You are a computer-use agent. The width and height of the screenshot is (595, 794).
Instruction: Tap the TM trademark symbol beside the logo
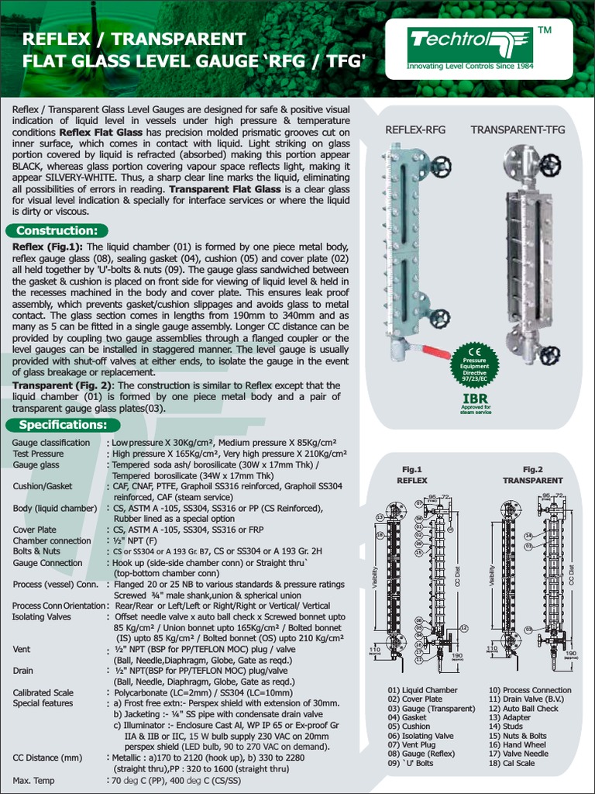[x=544, y=30]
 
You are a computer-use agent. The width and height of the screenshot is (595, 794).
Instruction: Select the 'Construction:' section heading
[x=57, y=230]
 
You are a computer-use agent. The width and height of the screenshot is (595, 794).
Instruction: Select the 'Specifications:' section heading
[x=63, y=424]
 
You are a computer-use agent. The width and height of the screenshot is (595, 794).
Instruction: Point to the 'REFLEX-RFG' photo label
[x=415, y=130]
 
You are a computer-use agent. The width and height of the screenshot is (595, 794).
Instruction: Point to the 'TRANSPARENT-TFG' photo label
[x=518, y=130]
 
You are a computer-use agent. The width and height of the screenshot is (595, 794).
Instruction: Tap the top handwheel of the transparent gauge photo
[x=550, y=164]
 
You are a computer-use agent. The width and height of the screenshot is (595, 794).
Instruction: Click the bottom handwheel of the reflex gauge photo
[x=440, y=317]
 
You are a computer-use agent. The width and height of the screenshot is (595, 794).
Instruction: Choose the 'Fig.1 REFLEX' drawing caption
[x=411, y=475]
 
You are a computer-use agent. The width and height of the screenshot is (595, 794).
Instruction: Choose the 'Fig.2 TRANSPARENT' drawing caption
[x=532, y=475]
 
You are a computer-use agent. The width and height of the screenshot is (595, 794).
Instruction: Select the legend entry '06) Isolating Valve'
[x=421, y=736]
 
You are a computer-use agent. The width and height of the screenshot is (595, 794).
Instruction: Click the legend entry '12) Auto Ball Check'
[x=523, y=709]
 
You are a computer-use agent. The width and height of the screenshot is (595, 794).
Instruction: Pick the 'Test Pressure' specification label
[x=38, y=454]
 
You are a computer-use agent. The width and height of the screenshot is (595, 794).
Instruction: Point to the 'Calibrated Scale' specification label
[x=43, y=692]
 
